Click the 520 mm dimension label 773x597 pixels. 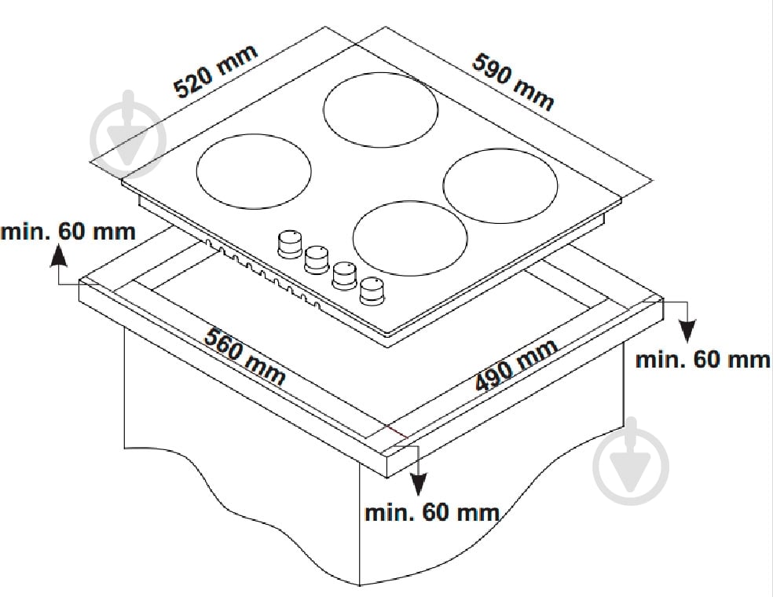pos(216,71)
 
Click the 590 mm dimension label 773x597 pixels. pos(513,82)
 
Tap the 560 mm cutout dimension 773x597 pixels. pos(245,356)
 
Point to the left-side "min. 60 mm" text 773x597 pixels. pos(68,232)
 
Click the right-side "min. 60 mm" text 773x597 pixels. pos(703,360)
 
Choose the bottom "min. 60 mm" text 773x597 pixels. pos(432,513)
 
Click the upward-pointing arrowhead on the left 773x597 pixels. pos(59,256)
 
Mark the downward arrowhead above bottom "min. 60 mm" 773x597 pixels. pos(419,484)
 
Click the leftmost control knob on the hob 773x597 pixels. pos(289,244)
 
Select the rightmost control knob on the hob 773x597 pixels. pos(372,291)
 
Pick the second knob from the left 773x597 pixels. pos(317,260)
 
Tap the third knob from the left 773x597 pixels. pos(345,276)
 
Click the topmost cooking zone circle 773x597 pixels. pos(380,109)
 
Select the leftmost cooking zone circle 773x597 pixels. pos(254,171)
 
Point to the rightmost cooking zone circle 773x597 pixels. pos(500,186)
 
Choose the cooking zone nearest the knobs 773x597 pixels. pos(410,238)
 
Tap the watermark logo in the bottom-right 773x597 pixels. pos(631,461)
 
